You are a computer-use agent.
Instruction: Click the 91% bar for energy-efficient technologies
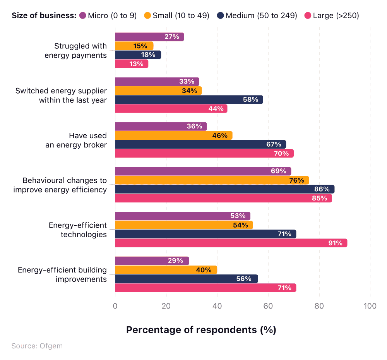click(231, 243)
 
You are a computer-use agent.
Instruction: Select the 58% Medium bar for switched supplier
click(189, 99)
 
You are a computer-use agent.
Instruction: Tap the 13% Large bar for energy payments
click(132, 64)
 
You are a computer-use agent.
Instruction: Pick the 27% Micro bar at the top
click(149, 37)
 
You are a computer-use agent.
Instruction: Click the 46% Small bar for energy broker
click(173, 135)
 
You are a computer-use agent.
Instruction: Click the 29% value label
click(175, 261)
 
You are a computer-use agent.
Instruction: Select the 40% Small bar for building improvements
click(166, 270)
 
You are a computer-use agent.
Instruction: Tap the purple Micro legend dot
click(82, 16)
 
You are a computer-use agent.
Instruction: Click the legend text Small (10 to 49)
click(181, 16)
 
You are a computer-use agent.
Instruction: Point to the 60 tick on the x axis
click(268, 306)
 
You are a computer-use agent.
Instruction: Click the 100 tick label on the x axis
click(370, 306)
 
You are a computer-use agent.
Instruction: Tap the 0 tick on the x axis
click(115, 306)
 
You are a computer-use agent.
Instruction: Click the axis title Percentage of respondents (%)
click(201, 330)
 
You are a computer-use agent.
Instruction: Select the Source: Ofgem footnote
click(37, 346)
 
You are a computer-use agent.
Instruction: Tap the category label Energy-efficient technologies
click(77, 230)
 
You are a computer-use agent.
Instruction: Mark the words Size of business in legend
click(43, 16)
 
